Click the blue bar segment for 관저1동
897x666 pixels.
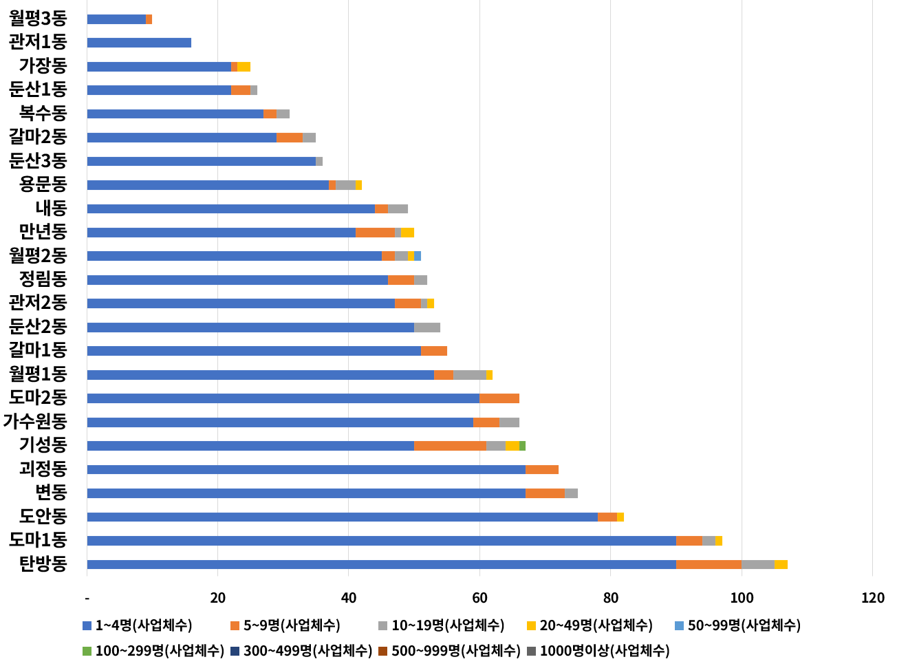pos(139,43)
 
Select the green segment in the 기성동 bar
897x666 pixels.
pos(522,446)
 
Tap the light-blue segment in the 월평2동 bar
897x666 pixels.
pos(418,256)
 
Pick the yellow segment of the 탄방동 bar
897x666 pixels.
pos(781,564)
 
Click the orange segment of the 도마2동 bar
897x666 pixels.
pos(499,398)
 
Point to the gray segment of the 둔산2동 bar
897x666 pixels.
pos(427,327)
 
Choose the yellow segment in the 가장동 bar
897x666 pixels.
pos(244,67)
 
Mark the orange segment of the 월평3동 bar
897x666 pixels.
pos(149,19)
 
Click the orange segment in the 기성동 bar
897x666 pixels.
pos(450,446)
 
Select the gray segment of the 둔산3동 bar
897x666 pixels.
pos(319,162)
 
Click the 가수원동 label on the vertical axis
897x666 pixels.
pos(35,422)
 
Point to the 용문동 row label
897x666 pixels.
pos(43,184)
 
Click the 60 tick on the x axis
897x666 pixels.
pos(479,598)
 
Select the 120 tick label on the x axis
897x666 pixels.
pos(872,598)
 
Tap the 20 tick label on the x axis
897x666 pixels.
pos(218,598)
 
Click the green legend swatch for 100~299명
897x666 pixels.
pos(87,650)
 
